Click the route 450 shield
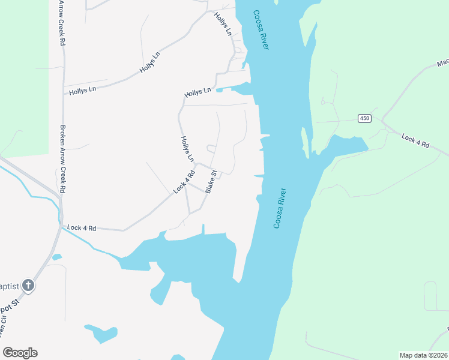pos(365,118)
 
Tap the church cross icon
pos(28,286)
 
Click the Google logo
pos(20,353)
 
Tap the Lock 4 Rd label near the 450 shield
pos(415,142)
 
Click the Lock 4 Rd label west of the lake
pos(82,228)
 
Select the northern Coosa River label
pos(261,30)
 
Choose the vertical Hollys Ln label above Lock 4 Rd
pos(187,149)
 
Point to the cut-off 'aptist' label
pos(8,286)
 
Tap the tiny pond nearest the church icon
pos(57,257)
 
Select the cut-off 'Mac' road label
pos(443,62)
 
